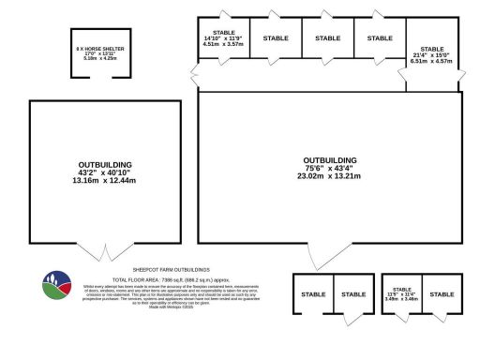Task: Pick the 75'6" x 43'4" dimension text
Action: [330, 168]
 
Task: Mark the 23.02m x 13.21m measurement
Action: [330, 176]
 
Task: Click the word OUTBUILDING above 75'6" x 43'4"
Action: [330, 159]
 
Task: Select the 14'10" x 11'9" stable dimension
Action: [224, 38]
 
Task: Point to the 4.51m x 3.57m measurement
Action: [224, 44]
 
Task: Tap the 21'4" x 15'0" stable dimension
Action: [432, 54]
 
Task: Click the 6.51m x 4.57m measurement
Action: [432, 60]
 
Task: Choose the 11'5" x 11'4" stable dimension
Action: [402, 295]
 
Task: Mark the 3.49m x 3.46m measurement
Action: [402, 301]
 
